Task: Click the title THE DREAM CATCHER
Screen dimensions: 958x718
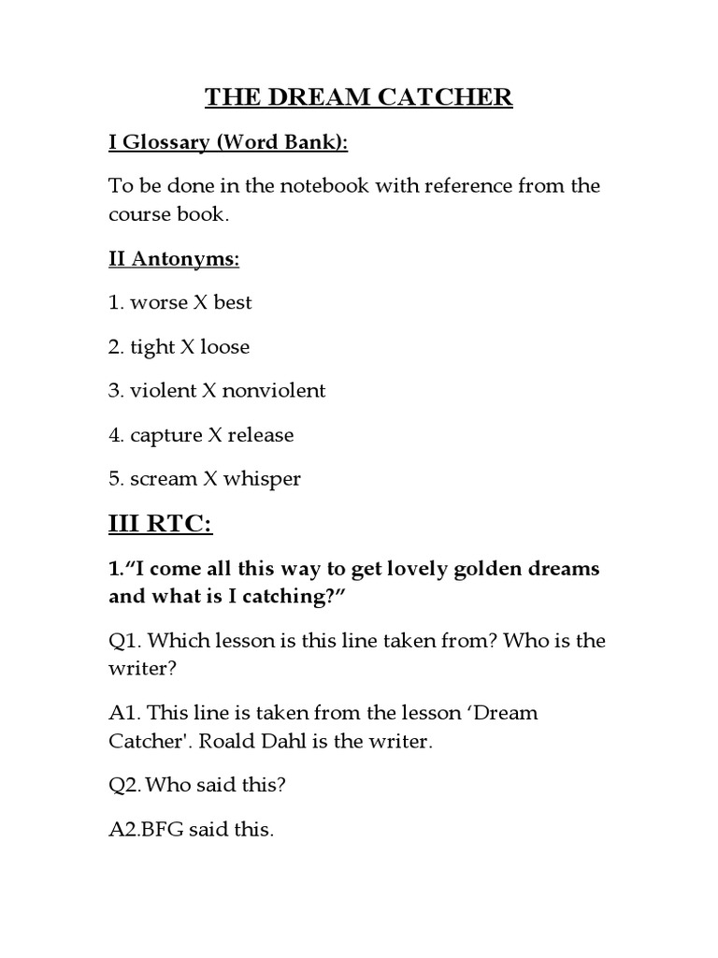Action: pyautogui.click(x=359, y=98)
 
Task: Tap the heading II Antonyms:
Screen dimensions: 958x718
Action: pyautogui.click(x=174, y=259)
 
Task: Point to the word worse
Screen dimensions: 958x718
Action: pyautogui.click(x=159, y=303)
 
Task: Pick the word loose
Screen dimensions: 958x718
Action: pyautogui.click(x=224, y=347)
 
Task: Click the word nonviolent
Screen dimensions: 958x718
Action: pyautogui.click(x=273, y=391)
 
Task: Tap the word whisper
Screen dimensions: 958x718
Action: pyautogui.click(x=262, y=479)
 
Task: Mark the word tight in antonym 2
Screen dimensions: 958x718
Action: pyautogui.click(x=152, y=347)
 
